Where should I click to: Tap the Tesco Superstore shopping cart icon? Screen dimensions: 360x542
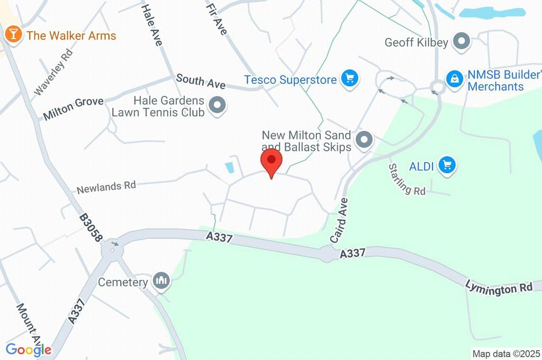pyautogui.click(x=349, y=79)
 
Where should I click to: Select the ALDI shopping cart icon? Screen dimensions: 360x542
pyautogui.click(x=448, y=165)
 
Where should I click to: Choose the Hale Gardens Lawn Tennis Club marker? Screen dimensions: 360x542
pyautogui.click(x=217, y=105)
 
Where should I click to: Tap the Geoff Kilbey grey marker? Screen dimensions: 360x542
pyautogui.click(x=463, y=42)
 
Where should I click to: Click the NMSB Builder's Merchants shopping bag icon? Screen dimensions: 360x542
pyautogui.click(x=454, y=79)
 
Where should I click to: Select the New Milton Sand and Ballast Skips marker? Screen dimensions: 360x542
pyautogui.click(x=364, y=140)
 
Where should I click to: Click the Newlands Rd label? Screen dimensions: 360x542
pyautogui.click(x=106, y=186)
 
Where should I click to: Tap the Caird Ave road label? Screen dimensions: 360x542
pyautogui.click(x=339, y=220)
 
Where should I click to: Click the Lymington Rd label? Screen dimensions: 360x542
pyautogui.click(x=498, y=287)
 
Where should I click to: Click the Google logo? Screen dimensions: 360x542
pyautogui.click(x=28, y=350)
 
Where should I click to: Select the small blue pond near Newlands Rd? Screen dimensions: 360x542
pyautogui.click(x=230, y=168)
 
